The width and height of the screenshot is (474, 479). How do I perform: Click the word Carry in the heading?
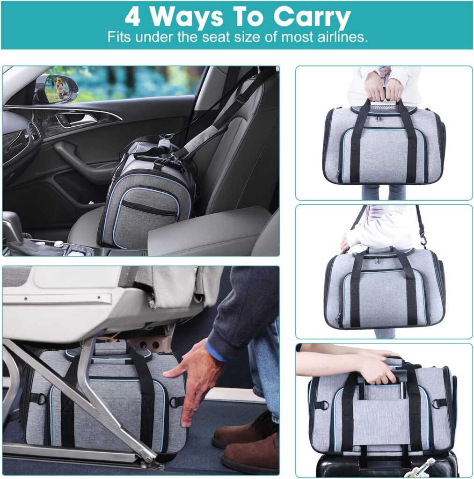tap(312, 17)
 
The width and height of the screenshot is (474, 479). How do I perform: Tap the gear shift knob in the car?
tap(13, 229)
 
